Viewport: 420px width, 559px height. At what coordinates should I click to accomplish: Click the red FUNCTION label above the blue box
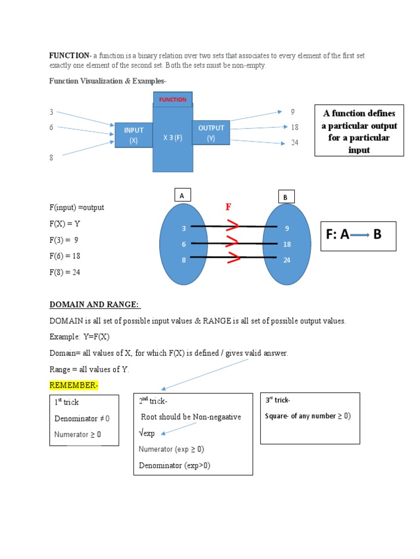pyautogui.click(x=172, y=100)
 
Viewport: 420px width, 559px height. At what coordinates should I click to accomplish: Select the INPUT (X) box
pyautogui.click(x=133, y=135)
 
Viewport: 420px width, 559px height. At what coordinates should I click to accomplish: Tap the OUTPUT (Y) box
pyautogui.click(x=211, y=133)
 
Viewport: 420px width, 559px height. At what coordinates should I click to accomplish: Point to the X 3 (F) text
pyautogui.click(x=173, y=138)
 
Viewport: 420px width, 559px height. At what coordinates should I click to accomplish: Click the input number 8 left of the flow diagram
pyautogui.click(x=51, y=158)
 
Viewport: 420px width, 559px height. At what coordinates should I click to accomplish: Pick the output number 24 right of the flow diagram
pyautogui.click(x=295, y=143)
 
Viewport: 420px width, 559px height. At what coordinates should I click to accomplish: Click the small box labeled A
pyautogui.click(x=183, y=195)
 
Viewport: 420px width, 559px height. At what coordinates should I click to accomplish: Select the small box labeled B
pyautogui.click(x=285, y=197)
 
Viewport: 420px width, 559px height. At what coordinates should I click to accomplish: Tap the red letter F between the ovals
pyautogui.click(x=229, y=207)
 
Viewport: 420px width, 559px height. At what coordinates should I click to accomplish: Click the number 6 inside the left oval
pyautogui.click(x=184, y=245)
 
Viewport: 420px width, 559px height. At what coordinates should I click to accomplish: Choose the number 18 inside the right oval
pyautogui.click(x=287, y=245)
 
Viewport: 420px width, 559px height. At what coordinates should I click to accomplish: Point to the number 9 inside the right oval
pyautogui.click(x=287, y=229)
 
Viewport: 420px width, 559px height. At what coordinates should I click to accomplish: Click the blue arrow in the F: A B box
pyautogui.click(x=360, y=235)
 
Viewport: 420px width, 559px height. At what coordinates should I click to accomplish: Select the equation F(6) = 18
pyautogui.click(x=65, y=256)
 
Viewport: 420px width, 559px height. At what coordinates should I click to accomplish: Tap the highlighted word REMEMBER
pyautogui.click(x=73, y=385)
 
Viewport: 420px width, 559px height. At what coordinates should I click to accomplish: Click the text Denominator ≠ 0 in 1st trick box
pyautogui.click(x=82, y=419)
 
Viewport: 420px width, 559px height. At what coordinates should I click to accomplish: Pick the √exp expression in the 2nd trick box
pyautogui.click(x=147, y=433)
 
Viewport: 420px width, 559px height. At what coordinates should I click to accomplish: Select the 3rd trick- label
pyautogui.click(x=277, y=400)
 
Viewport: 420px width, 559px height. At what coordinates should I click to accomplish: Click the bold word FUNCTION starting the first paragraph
pyautogui.click(x=70, y=55)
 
